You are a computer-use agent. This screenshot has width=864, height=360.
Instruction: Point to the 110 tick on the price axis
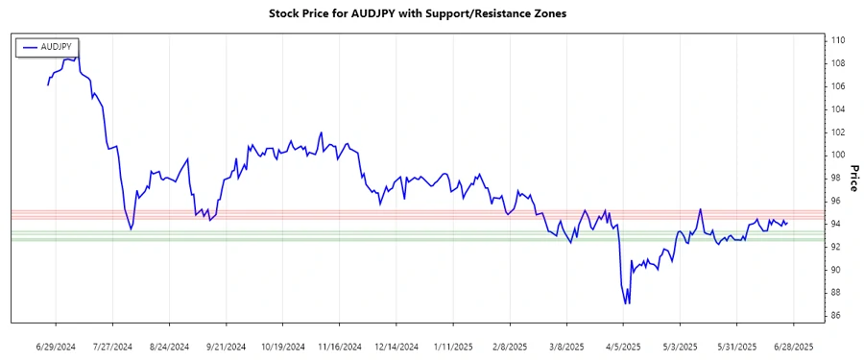(x=838, y=40)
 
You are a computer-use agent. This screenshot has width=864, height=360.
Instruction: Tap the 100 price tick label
(x=838, y=155)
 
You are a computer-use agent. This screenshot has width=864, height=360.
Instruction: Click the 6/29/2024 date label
(x=55, y=346)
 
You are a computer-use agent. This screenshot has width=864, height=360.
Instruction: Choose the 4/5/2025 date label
(x=624, y=346)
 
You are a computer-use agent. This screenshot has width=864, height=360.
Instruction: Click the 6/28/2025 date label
(x=794, y=346)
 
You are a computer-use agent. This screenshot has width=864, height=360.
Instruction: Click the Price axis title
(x=852, y=178)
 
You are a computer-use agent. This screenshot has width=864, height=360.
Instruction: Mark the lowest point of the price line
(x=629, y=303)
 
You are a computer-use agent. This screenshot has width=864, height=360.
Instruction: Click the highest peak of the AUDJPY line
(x=77, y=54)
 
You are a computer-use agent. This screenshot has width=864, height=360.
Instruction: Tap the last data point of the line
(x=787, y=223)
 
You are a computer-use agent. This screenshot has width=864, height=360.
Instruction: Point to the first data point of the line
(x=48, y=85)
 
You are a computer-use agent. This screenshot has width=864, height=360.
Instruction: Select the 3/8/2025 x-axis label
(x=566, y=346)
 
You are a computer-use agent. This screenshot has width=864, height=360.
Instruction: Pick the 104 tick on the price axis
(x=838, y=108)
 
